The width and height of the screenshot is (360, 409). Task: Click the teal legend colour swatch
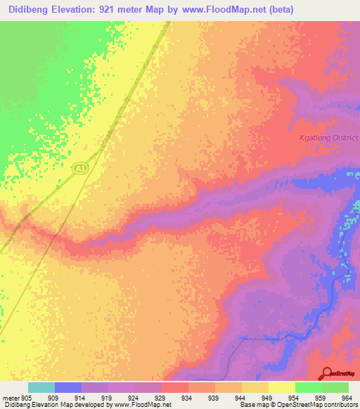click(x=41, y=387)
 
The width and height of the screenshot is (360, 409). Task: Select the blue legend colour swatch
click(x=67, y=387)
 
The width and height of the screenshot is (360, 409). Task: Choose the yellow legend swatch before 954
click(x=281, y=387)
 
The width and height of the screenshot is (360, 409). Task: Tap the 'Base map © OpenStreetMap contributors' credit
click(x=297, y=405)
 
